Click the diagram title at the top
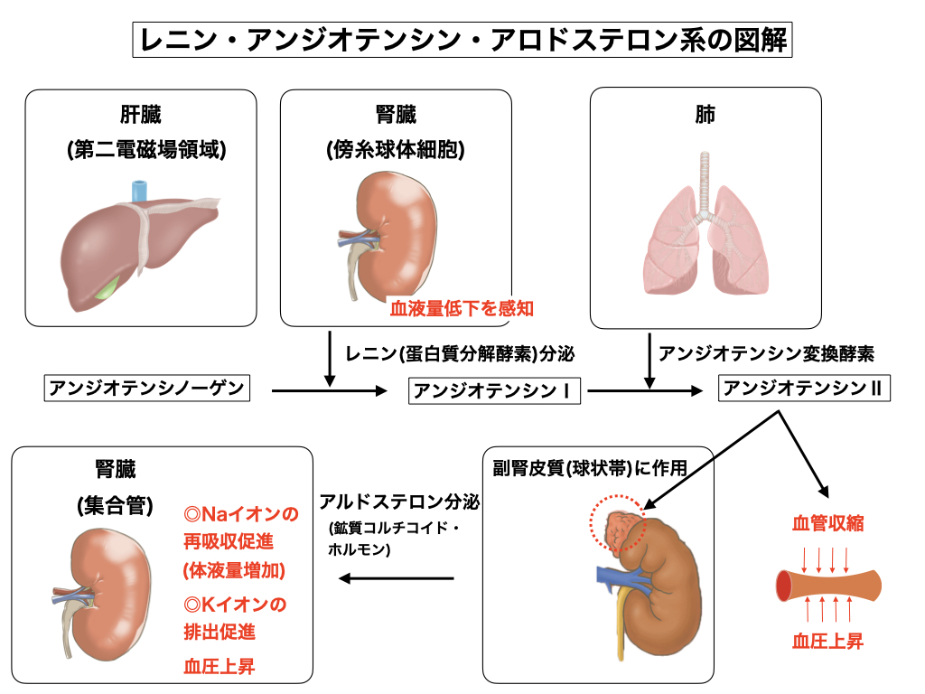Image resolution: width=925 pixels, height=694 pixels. coord(462,41)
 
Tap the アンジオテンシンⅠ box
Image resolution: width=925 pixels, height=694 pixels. coord(495,391)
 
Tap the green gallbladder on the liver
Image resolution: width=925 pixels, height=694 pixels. coord(110,288)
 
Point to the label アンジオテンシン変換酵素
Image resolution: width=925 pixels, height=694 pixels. coord(767,352)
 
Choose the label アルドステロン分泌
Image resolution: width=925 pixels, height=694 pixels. coord(397,502)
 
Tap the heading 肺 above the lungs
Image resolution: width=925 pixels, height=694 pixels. coord(705,116)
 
